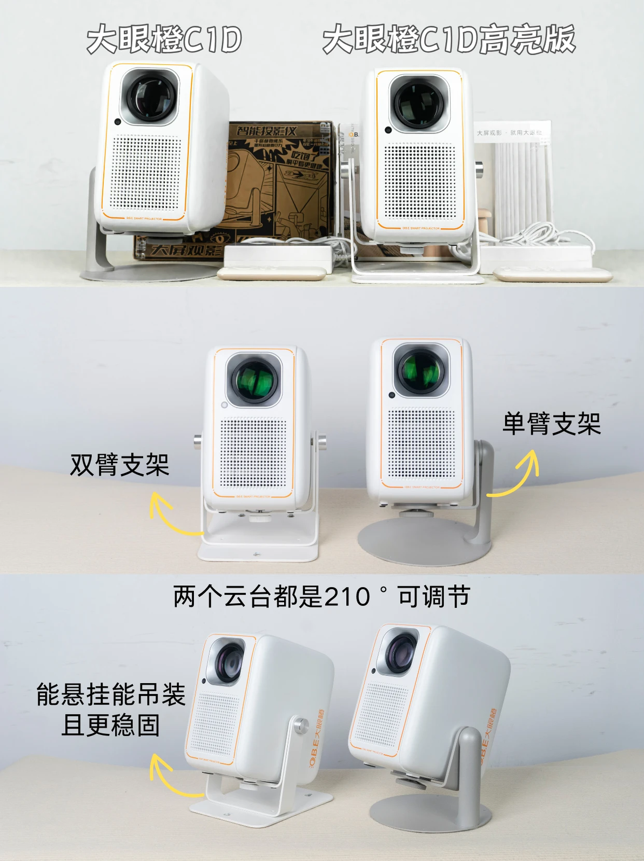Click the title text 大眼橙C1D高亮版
click(x=448, y=39)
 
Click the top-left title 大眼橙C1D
click(x=164, y=39)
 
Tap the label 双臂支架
click(x=119, y=464)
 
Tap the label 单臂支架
click(x=551, y=423)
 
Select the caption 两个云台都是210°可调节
click(x=321, y=597)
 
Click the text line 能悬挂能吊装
click(x=111, y=695)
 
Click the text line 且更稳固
click(x=111, y=725)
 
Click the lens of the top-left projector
click(x=149, y=97)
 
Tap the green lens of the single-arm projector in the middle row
click(x=421, y=371)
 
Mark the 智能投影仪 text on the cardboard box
click(x=266, y=131)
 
